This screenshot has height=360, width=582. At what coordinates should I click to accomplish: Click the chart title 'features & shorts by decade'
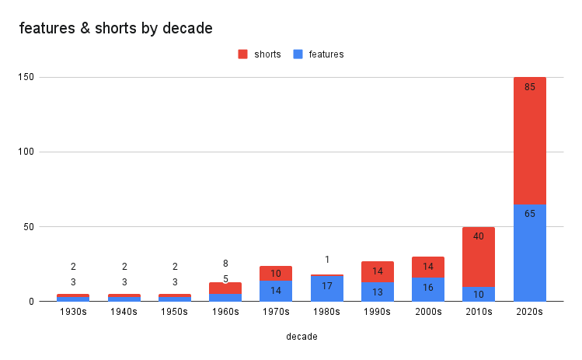point(116,29)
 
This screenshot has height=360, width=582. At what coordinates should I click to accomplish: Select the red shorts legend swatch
point(242,54)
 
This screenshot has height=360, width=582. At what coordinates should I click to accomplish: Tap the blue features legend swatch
point(298,54)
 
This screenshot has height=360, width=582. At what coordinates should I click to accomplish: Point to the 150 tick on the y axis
point(26,78)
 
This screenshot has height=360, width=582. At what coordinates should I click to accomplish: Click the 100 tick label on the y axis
point(26,152)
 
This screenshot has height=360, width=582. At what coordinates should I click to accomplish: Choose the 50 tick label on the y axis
point(30,227)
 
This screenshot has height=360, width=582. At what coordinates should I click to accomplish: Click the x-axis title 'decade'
point(301,337)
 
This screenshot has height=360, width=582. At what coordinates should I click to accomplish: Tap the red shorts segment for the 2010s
point(479,257)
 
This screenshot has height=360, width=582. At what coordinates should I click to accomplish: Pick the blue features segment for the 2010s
point(479,294)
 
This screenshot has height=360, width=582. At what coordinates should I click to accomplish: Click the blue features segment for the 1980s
point(326,289)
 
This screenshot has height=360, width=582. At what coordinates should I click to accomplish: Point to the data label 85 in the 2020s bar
point(529,87)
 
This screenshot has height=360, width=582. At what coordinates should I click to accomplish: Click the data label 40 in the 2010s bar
point(479,236)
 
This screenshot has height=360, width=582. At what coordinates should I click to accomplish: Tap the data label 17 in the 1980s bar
point(326,286)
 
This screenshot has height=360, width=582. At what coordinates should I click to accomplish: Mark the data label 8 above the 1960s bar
point(225,264)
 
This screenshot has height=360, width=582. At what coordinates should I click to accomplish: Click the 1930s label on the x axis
point(73,312)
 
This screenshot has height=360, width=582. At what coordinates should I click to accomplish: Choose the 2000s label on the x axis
point(428,312)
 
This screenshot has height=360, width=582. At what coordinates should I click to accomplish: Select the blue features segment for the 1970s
point(276,292)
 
